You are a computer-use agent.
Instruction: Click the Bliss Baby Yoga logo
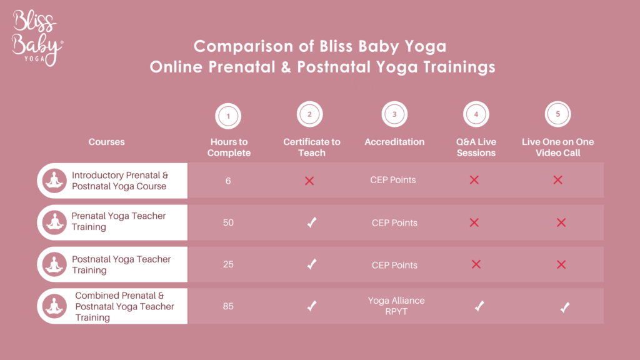pyautogui.click(x=37, y=38)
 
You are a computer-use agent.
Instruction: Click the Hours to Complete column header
pyautogui.click(x=229, y=147)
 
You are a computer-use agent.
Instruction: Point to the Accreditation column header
pyautogui.click(x=394, y=142)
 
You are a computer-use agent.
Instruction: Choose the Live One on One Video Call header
pyautogui.click(x=558, y=147)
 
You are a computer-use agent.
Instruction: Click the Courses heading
pyautogui.click(x=106, y=142)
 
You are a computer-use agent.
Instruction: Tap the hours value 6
pyautogui.click(x=228, y=181)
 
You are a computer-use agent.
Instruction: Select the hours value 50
pyautogui.click(x=228, y=222)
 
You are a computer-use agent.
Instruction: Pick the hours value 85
pyautogui.click(x=228, y=306)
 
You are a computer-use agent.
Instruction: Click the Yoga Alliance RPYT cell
pyautogui.click(x=396, y=306)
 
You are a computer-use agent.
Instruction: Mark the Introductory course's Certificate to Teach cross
pyautogui.click(x=309, y=181)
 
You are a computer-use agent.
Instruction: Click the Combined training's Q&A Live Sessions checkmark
pyautogui.click(x=479, y=306)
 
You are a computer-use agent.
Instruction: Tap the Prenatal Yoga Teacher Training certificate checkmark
pyautogui.click(x=312, y=222)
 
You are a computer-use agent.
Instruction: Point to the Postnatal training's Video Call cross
pyautogui.click(x=561, y=264)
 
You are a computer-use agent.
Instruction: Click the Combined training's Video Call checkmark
pyautogui.click(x=565, y=307)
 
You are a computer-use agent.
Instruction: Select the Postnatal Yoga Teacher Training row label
pyautogui.click(x=121, y=264)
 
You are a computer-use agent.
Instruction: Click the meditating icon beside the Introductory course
pyautogui.click(x=54, y=181)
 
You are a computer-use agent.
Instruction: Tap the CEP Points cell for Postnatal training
pyautogui.click(x=394, y=265)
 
